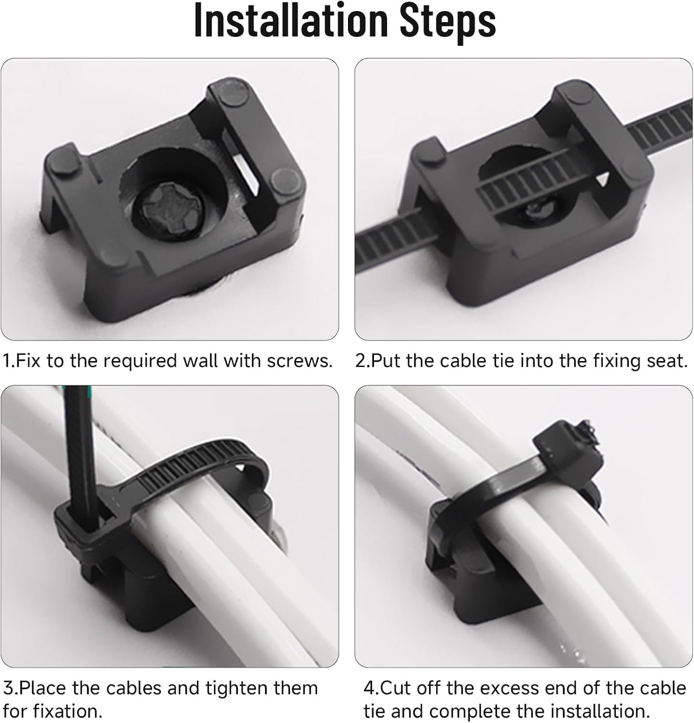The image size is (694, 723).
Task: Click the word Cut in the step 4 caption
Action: coord(396,688)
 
